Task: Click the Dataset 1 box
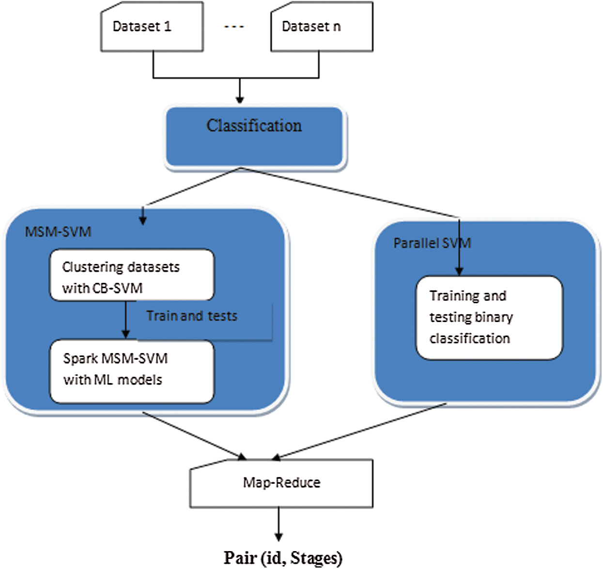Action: [152, 27]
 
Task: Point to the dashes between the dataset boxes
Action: [234, 27]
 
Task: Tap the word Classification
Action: [254, 126]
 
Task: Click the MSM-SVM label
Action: [58, 232]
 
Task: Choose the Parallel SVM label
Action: [432, 243]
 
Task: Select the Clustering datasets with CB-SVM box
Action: [132, 276]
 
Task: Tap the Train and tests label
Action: [192, 316]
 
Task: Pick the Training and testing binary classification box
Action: [489, 318]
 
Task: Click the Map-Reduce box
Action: [281, 483]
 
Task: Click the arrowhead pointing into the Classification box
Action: [239, 99]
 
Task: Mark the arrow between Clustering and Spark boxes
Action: [125, 320]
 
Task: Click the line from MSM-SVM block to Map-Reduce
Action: [194, 435]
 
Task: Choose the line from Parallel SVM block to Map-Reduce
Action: [361, 431]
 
